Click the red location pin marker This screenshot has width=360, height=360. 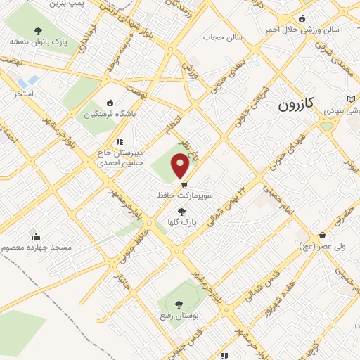click(181, 167)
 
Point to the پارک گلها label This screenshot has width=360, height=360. click(182, 222)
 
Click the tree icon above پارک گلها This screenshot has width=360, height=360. click(182, 211)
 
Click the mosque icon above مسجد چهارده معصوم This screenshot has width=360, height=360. click(36, 236)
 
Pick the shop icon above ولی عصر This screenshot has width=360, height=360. click(322, 235)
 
